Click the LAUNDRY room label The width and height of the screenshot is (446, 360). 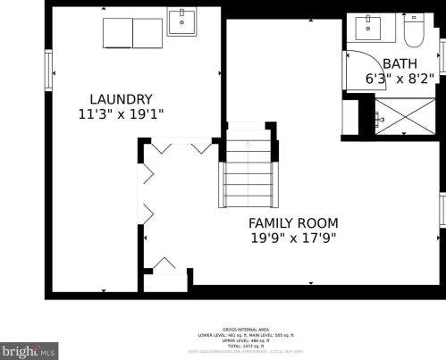tap(120, 98)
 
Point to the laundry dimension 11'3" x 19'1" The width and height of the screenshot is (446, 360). tap(120, 113)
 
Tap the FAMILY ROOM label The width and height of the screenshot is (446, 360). tap(293, 222)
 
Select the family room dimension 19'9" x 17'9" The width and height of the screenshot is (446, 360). tap(293, 239)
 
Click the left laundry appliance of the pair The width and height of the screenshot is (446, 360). tap(118, 33)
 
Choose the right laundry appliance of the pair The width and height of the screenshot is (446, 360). tap(147, 33)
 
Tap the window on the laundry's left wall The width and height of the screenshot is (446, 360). tap(49, 70)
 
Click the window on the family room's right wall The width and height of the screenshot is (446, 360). tap(442, 209)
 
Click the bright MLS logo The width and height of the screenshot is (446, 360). tap(29, 351)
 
